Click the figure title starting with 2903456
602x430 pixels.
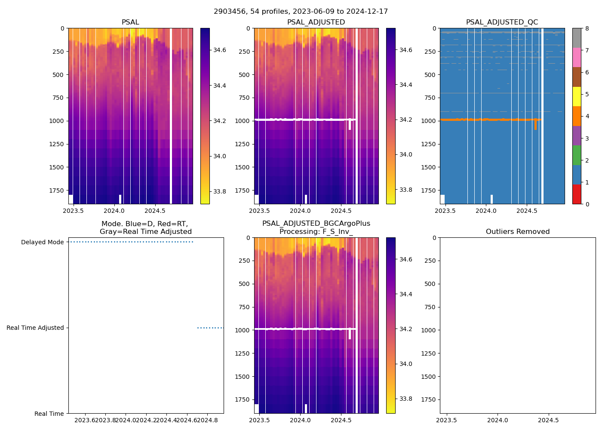click(301, 12)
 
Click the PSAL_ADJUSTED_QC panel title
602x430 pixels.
click(502, 22)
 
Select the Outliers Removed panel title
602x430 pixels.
click(518, 232)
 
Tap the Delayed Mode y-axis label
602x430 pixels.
click(42, 243)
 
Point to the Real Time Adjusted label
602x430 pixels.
click(35, 328)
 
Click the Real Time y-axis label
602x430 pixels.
click(49, 414)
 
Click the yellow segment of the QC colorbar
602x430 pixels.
click(577, 96)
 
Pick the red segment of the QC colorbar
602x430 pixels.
click(577, 194)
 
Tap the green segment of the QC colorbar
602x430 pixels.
click(577, 155)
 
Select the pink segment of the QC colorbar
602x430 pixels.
click(577, 57)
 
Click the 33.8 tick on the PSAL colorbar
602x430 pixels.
click(220, 191)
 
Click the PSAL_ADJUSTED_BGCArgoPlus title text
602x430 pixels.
click(316, 224)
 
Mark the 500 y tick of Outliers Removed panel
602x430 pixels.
click(431, 284)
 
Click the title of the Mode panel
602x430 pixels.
click(145, 228)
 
